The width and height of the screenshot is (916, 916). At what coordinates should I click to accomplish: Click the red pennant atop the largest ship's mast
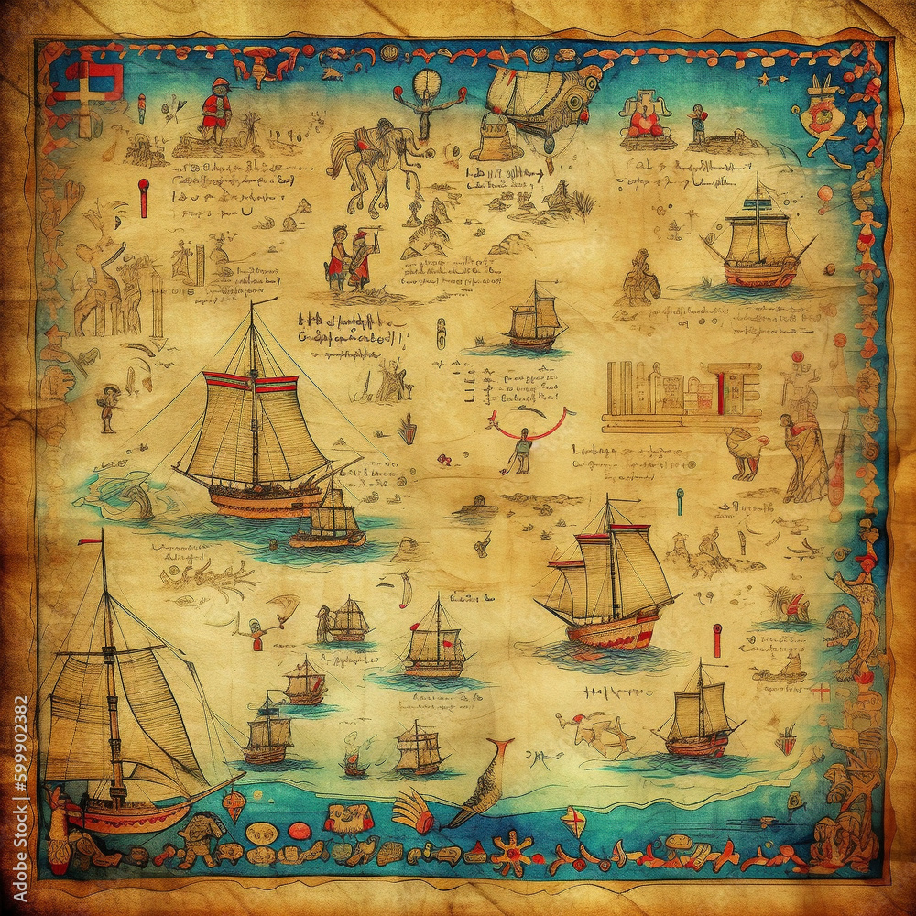point(90,541)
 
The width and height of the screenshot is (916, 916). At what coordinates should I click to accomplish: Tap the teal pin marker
point(680,499)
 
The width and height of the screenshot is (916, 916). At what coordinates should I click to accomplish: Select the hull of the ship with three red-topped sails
point(612,632)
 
